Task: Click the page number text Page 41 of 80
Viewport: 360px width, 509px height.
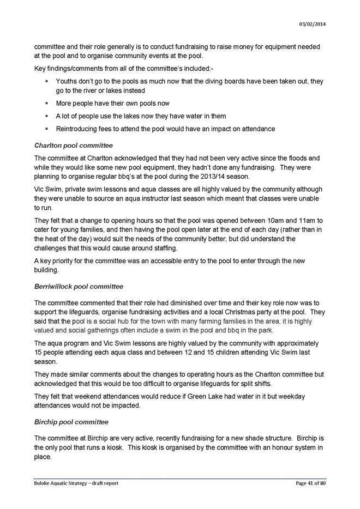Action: tap(310, 483)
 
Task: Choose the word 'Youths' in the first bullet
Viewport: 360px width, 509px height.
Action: tap(67, 81)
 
